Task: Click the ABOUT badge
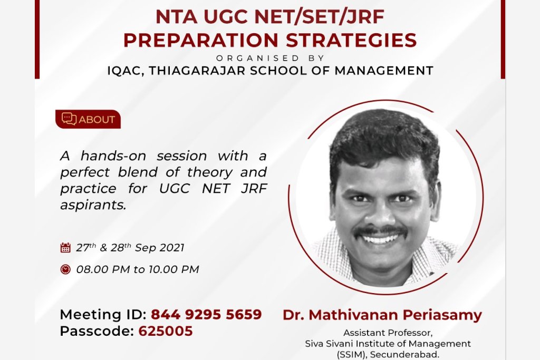point(88,119)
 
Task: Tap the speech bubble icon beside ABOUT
point(69,119)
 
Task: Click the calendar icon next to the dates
point(65,247)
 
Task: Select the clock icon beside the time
point(65,269)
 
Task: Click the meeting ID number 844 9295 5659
point(206,314)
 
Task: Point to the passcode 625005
point(166,331)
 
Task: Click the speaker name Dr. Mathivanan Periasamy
point(382,315)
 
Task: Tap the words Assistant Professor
point(388,333)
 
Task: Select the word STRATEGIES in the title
point(351,40)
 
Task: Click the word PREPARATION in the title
point(201,40)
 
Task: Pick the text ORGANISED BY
point(271,58)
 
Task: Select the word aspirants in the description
point(93,206)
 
